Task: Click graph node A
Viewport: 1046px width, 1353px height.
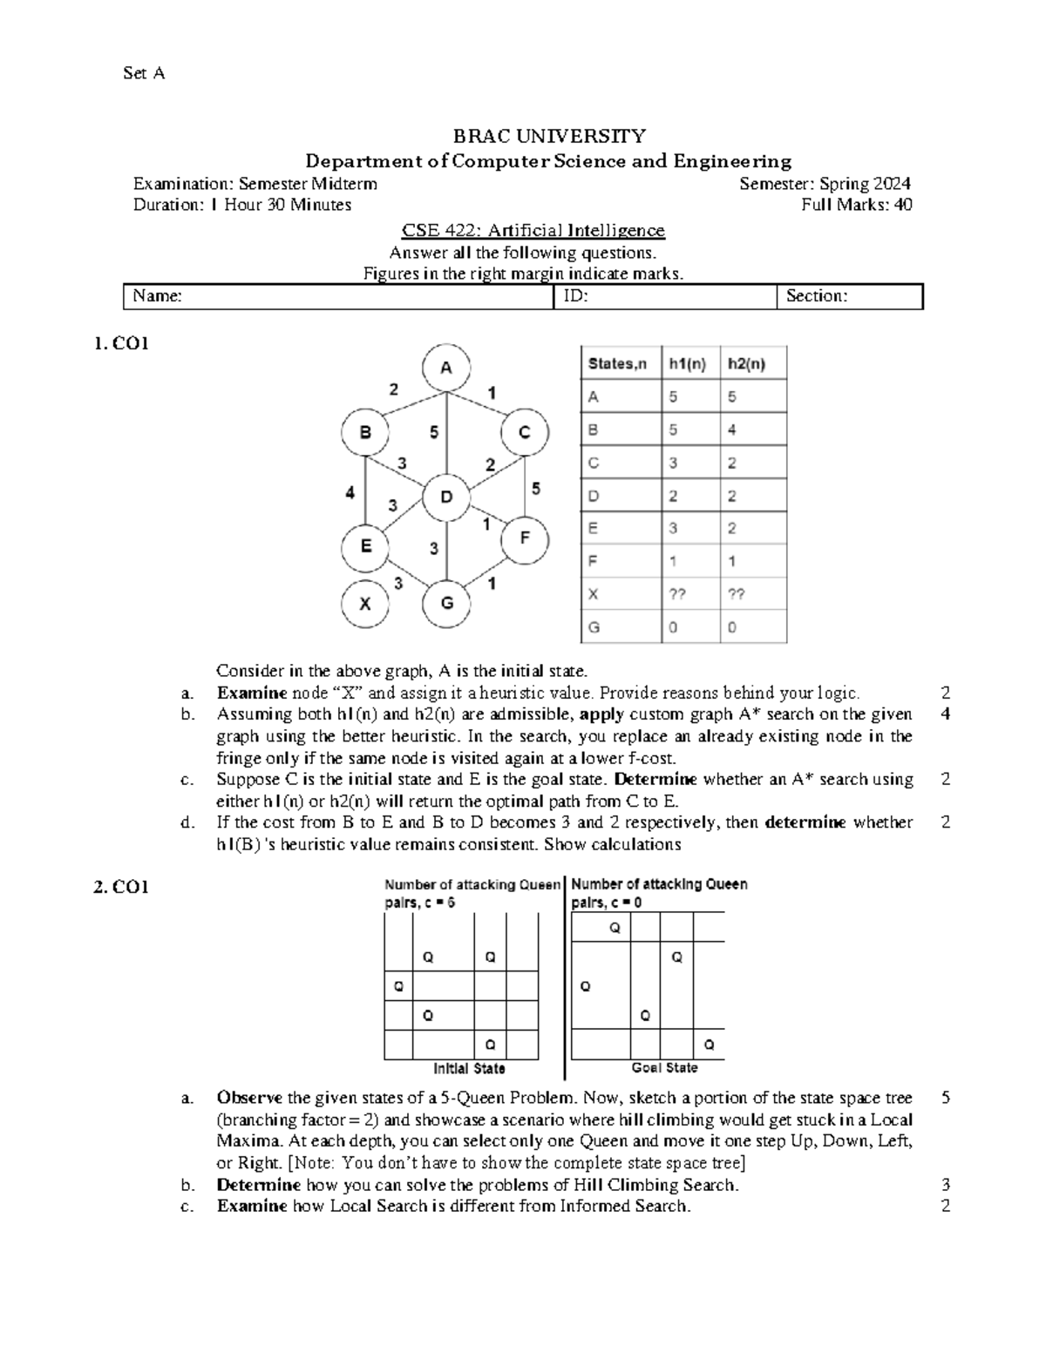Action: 446,369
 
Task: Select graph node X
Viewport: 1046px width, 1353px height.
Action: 366,603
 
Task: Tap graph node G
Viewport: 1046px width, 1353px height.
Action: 446,603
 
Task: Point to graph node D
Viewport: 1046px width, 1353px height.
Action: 446,497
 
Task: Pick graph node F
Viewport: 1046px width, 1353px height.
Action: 524,538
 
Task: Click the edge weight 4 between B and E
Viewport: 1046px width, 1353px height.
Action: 350,492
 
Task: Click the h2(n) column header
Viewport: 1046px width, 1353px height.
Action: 746,363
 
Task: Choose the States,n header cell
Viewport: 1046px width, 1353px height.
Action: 618,363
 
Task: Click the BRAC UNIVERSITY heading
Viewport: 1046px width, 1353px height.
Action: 548,136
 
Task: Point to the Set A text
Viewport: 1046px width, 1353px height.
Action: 144,73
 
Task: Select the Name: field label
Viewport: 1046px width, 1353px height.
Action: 158,296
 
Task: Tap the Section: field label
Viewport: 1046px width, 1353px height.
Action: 817,296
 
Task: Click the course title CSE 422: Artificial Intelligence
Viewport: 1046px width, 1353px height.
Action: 533,231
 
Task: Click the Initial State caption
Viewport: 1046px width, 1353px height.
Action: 469,1068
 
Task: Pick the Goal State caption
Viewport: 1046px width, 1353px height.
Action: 664,1067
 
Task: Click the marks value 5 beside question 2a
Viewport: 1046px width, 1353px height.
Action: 946,1098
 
